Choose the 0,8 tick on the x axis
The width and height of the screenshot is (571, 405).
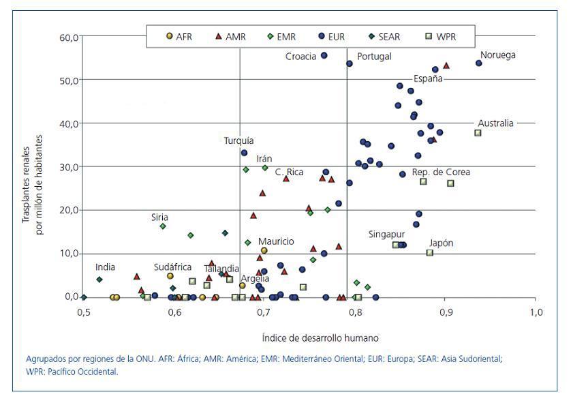tap(355, 313)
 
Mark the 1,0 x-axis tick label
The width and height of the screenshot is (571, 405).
tap(536, 313)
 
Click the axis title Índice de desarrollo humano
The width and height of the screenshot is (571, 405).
tap(311, 338)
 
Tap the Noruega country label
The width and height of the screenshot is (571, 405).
tap(498, 55)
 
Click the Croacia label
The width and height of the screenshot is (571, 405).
tap(300, 57)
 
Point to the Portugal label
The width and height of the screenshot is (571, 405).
tap(374, 57)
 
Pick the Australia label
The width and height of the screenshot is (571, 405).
tap(495, 123)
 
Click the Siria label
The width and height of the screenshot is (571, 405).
tap(159, 217)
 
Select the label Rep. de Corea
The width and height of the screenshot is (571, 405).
tap(441, 172)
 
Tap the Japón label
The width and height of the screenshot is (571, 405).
tap(441, 243)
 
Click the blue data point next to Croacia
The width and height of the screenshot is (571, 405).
tap(324, 55)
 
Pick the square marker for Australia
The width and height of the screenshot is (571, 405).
tap(478, 133)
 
